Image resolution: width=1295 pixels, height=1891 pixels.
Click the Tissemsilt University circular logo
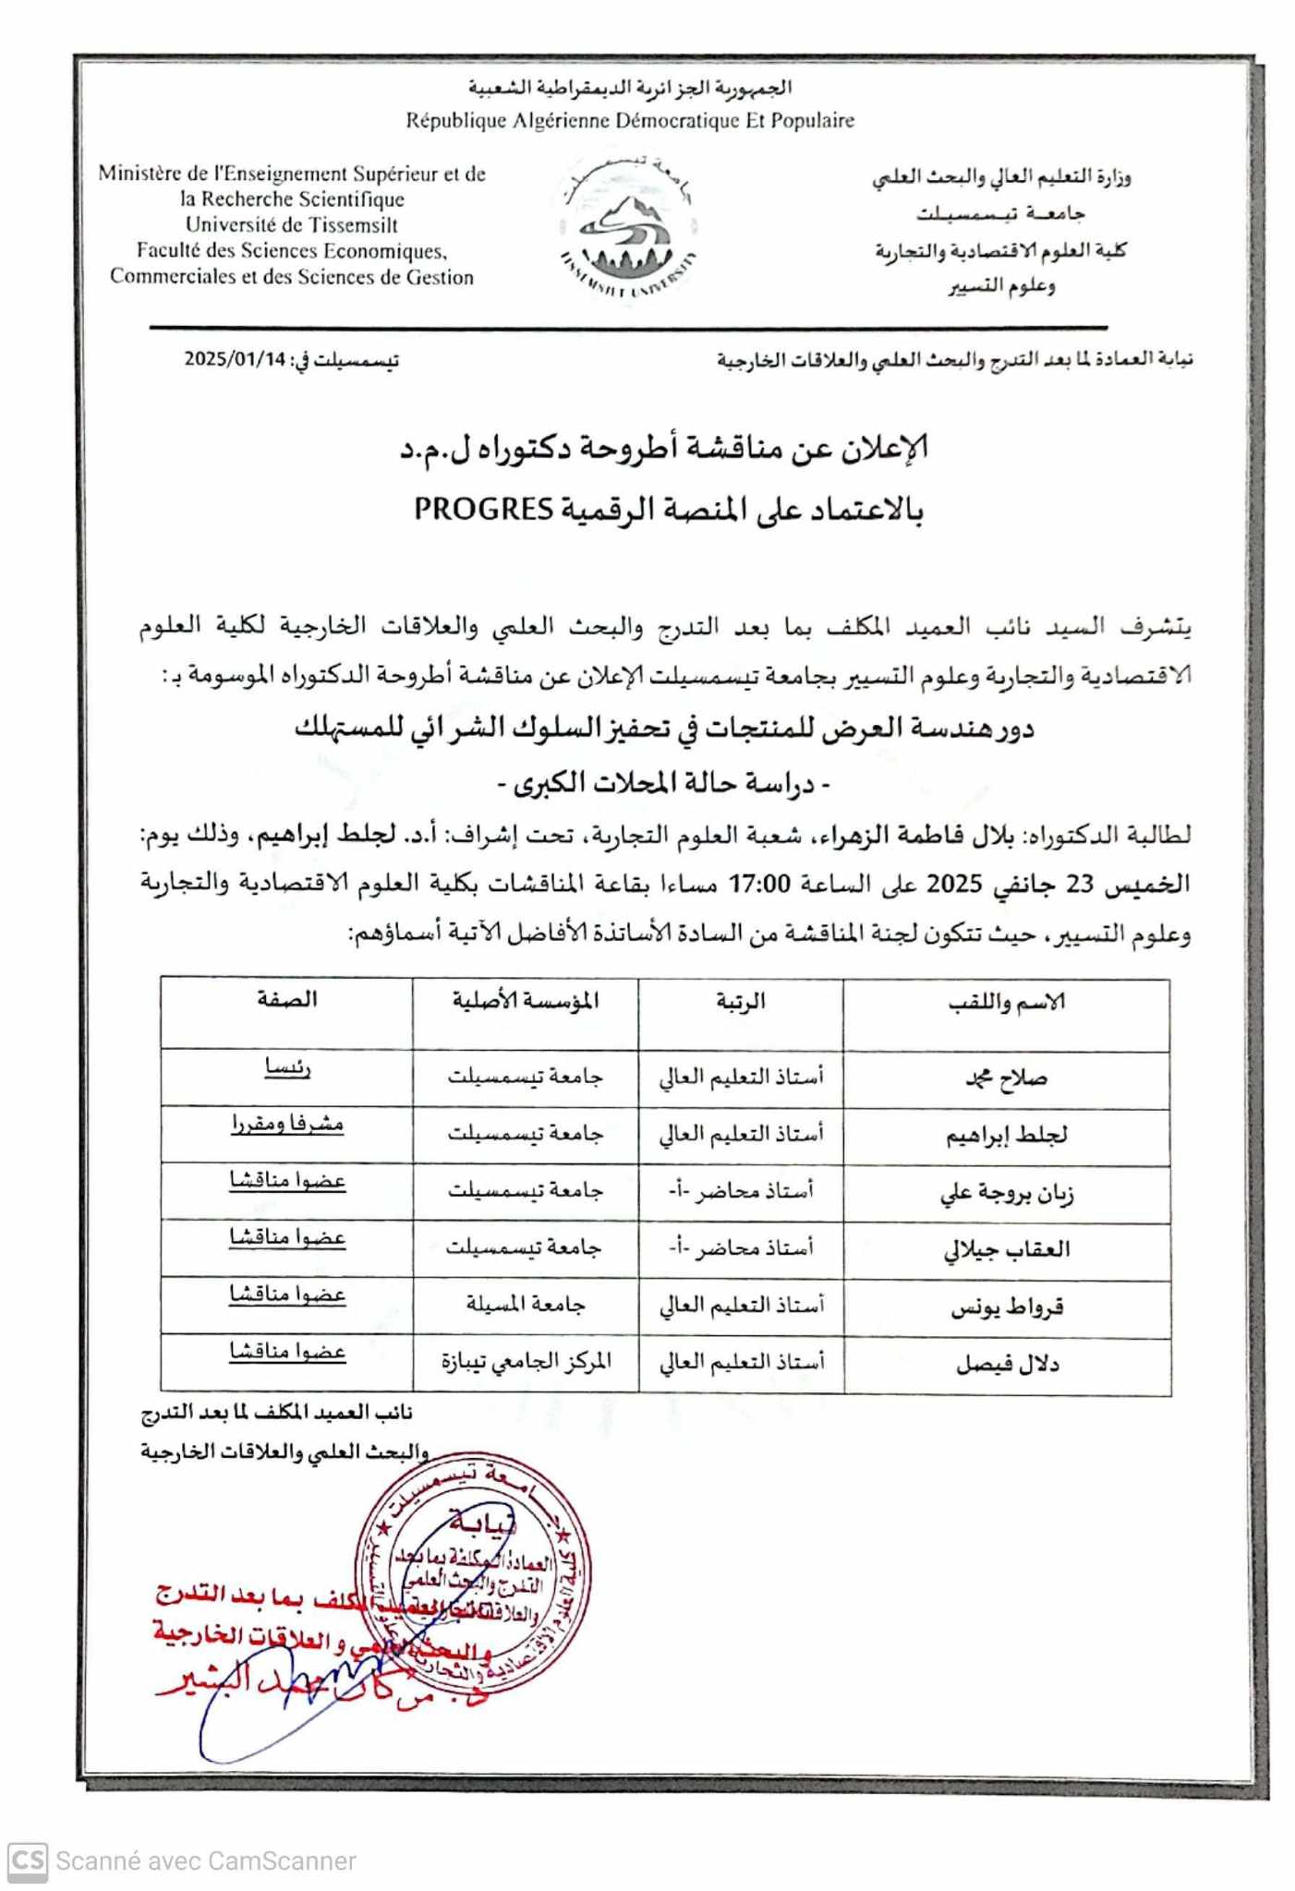pyautogui.click(x=628, y=226)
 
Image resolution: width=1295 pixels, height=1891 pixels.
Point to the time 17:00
pyautogui.click(x=760, y=883)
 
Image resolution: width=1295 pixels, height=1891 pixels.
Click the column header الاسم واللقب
pyautogui.click(x=1007, y=1003)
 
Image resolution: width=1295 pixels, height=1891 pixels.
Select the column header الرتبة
pyautogui.click(x=741, y=1002)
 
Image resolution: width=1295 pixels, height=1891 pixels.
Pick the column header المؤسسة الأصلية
pyautogui.click(x=526, y=1001)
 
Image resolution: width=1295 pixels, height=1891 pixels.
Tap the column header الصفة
pyautogui.click(x=287, y=1000)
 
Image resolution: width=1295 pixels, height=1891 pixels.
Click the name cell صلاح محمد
pyautogui.click(x=1006, y=1078)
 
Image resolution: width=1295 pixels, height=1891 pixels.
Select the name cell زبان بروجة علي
pyautogui.click(x=1006, y=1193)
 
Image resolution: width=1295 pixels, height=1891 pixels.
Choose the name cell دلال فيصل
pyautogui.click(x=1007, y=1364)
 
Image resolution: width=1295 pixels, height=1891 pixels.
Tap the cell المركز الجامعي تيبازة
pyautogui.click(x=526, y=1362)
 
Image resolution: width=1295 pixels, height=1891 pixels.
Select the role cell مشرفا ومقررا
pyautogui.click(x=287, y=1125)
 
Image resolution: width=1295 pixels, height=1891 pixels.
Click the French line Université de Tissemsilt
pyautogui.click(x=292, y=224)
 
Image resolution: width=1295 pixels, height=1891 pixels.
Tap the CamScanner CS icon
pyautogui.click(x=27, y=1861)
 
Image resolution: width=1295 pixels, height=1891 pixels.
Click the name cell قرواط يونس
pyautogui.click(x=1007, y=1307)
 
